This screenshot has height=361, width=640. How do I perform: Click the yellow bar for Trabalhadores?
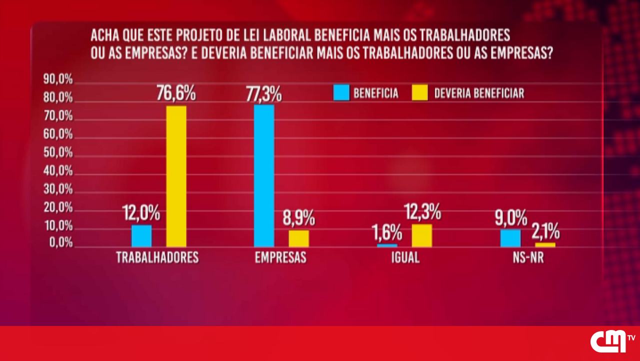coord(176,176)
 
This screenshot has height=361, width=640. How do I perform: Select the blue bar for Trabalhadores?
coord(141,236)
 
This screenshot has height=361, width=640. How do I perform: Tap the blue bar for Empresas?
coord(264,175)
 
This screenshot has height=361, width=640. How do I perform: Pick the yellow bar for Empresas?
coord(299,238)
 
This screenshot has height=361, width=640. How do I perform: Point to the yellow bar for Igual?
coord(421,235)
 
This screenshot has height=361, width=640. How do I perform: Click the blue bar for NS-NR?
coord(510,238)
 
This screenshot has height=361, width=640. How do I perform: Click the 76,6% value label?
coord(175,93)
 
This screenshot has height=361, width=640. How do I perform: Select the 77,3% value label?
coord(263,93)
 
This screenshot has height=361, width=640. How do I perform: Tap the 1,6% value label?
coord(386,232)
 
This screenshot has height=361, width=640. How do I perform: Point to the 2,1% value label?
coord(545,231)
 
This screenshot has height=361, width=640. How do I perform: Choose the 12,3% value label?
coord(422,212)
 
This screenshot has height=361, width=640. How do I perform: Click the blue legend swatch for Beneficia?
coord(341,93)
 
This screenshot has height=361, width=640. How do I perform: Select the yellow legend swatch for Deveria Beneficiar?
coord(420,93)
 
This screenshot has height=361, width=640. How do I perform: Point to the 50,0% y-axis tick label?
coord(58,153)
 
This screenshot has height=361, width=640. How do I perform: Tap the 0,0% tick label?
coord(60,243)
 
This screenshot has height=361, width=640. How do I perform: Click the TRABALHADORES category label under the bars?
coord(157,257)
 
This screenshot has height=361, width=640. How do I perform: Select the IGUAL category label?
coord(405,257)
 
